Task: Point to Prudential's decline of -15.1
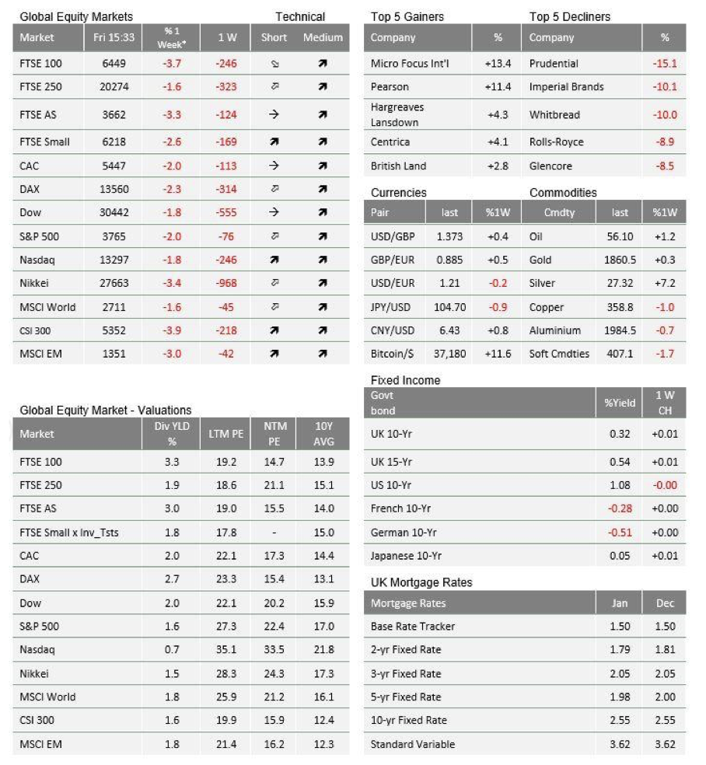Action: click(x=666, y=64)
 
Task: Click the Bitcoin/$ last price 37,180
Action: click(x=449, y=354)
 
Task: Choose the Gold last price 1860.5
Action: click(x=620, y=260)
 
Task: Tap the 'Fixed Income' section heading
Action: click(x=405, y=380)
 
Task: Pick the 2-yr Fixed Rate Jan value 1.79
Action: click(x=620, y=650)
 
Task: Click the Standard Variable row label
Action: click(x=412, y=744)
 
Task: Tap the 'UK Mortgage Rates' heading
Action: click(x=421, y=582)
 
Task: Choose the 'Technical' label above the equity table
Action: click(x=300, y=16)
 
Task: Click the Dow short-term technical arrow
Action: click(x=274, y=212)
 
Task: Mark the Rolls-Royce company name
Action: click(x=556, y=142)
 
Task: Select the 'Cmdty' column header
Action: click(x=559, y=213)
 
